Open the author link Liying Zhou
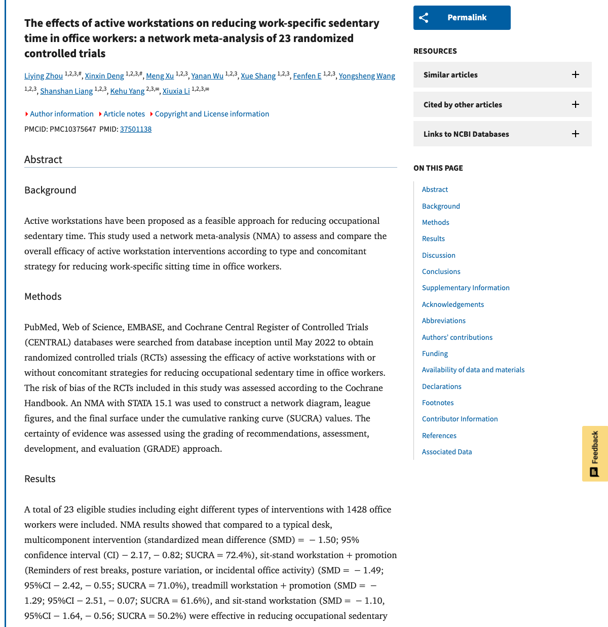click(x=44, y=76)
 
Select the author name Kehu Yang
click(x=127, y=91)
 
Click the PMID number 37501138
click(x=136, y=129)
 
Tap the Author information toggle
click(x=61, y=114)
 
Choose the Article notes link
click(x=124, y=114)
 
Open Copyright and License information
click(x=212, y=114)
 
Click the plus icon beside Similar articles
click(x=576, y=74)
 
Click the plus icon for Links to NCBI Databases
click(x=576, y=134)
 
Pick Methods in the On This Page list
click(x=436, y=222)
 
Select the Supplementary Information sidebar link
click(x=466, y=288)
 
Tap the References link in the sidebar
click(x=439, y=436)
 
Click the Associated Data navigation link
click(x=447, y=452)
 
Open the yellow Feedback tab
click(x=595, y=453)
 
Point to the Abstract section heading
click(x=43, y=160)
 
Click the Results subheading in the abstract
click(x=40, y=479)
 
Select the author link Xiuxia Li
click(x=176, y=91)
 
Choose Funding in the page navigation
click(x=435, y=354)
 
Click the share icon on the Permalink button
click(x=424, y=18)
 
